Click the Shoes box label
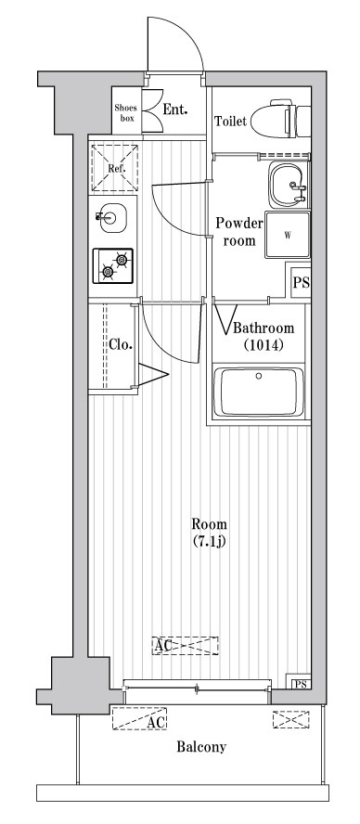point(125,112)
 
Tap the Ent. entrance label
point(175,109)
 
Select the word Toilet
point(230,122)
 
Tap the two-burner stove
point(113,264)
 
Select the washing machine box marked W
point(288,235)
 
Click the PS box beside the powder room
point(301,283)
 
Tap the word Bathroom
point(264,328)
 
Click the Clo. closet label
point(121,344)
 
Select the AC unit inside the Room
point(186,645)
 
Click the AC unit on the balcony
point(145,719)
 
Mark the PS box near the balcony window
point(300,685)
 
